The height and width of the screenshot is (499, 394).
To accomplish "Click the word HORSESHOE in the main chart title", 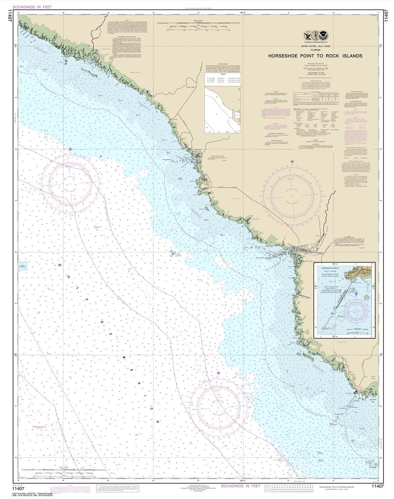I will pos(282,56).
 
